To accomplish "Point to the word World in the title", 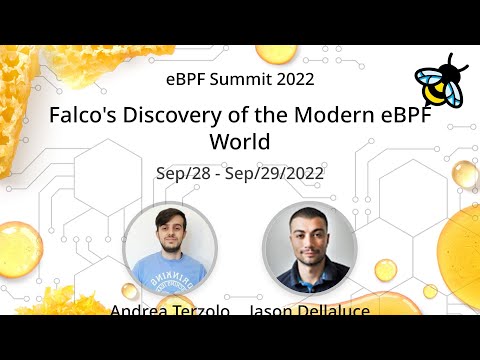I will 239,140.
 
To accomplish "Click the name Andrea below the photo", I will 138,312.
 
